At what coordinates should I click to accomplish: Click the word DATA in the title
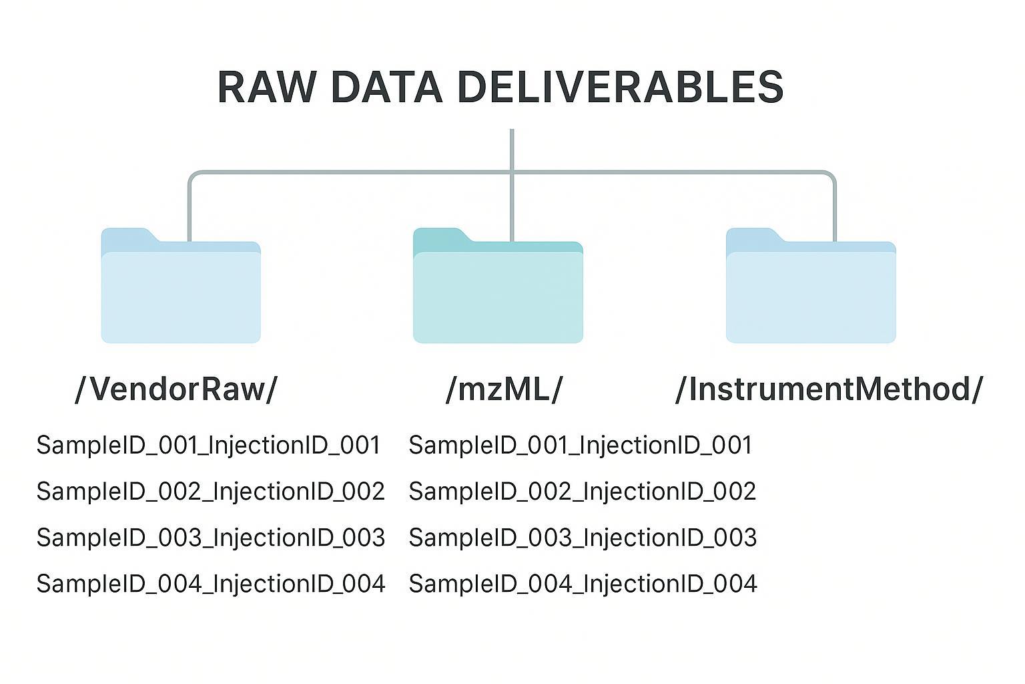[386, 87]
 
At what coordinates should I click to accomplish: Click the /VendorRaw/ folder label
[176, 389]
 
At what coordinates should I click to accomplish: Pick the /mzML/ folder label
[504, 389]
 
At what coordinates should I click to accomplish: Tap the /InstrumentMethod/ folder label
[829, 389]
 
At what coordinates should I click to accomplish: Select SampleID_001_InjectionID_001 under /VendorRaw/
[208, 446]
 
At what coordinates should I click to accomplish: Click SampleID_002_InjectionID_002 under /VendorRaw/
[210, 492]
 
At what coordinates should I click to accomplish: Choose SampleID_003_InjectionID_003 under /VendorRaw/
[210, 538]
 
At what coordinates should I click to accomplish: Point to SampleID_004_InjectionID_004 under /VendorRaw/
[210, 584]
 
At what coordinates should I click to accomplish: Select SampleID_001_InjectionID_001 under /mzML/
[580, 446]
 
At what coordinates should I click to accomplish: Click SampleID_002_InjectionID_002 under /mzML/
[582, 492]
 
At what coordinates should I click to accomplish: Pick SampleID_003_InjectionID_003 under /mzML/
[583, 538]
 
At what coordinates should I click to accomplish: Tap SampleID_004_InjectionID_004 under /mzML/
[583, 584]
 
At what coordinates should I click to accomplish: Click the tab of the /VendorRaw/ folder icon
[127, 235]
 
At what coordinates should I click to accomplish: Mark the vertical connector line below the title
[512, 150]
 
